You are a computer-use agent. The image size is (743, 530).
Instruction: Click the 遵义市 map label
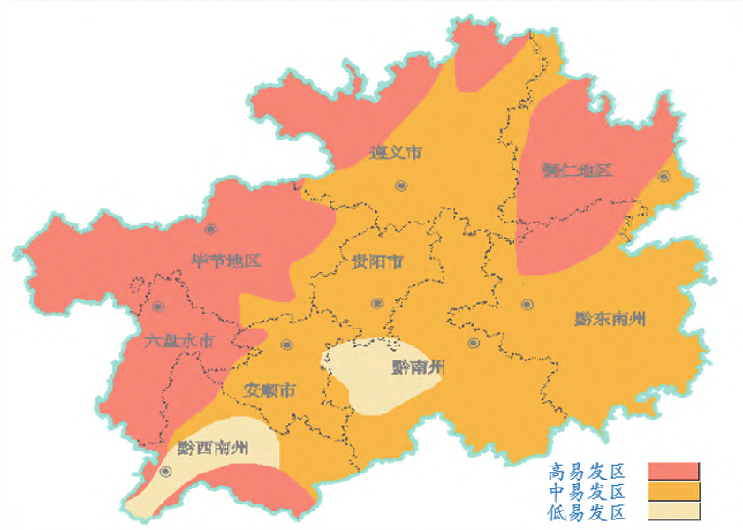tap(395, 153)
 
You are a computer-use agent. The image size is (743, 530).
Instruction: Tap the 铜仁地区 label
tap(577, 170)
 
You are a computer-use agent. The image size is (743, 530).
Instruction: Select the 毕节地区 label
tap(228, 261)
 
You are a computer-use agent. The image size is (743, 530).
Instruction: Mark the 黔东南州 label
tap(610, 319)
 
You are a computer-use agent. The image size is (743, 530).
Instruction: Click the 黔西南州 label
tap(213, 447)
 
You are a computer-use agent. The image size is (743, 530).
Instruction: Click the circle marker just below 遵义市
tap(401, 185)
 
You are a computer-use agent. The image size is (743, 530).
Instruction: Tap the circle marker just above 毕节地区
tap(211, 230)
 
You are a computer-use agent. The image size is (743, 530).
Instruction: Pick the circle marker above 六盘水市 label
tap(158, 307)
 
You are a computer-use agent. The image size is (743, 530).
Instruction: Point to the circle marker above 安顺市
tap(285, 345)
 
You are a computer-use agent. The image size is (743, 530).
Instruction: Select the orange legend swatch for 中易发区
tap(673, 492)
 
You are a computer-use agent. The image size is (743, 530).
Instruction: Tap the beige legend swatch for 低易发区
tap(673, 512)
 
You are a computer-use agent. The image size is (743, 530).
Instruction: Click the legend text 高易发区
tap(587, 471)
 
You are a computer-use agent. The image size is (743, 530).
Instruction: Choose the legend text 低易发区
tap(587, 512)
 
